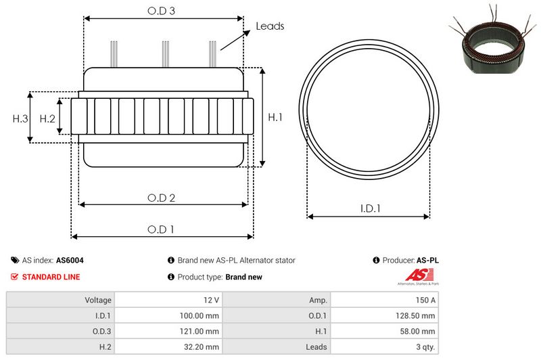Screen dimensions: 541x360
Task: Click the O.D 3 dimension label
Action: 161,11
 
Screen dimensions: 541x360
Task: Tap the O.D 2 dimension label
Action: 161,198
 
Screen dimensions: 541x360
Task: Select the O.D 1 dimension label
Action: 160,229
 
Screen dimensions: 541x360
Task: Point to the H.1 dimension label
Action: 275,117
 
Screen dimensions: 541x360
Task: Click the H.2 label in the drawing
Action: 47,118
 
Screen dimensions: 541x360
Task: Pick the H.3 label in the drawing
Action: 20,118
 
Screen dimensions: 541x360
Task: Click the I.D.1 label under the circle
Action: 370,208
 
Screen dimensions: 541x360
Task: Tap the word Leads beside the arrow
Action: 270,26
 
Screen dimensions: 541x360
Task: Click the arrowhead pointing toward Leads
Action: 247,32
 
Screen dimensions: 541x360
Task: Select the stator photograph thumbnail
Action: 494,40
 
